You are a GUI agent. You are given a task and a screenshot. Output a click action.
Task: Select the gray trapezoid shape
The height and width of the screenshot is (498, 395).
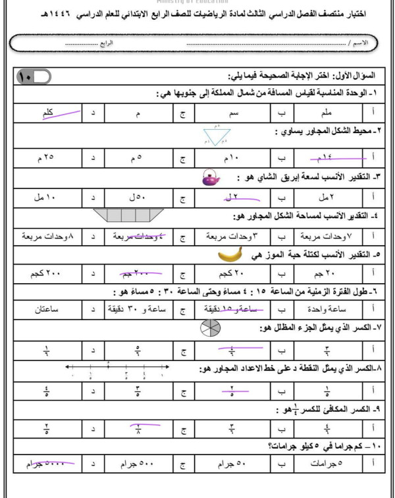[128, 215]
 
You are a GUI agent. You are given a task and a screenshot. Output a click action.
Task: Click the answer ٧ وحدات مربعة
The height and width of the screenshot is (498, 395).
[325, 235]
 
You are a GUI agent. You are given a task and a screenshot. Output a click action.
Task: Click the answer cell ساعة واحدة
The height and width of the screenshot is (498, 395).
[325, 310]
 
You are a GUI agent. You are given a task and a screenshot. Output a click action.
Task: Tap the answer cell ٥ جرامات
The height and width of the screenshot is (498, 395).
[325, 465]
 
